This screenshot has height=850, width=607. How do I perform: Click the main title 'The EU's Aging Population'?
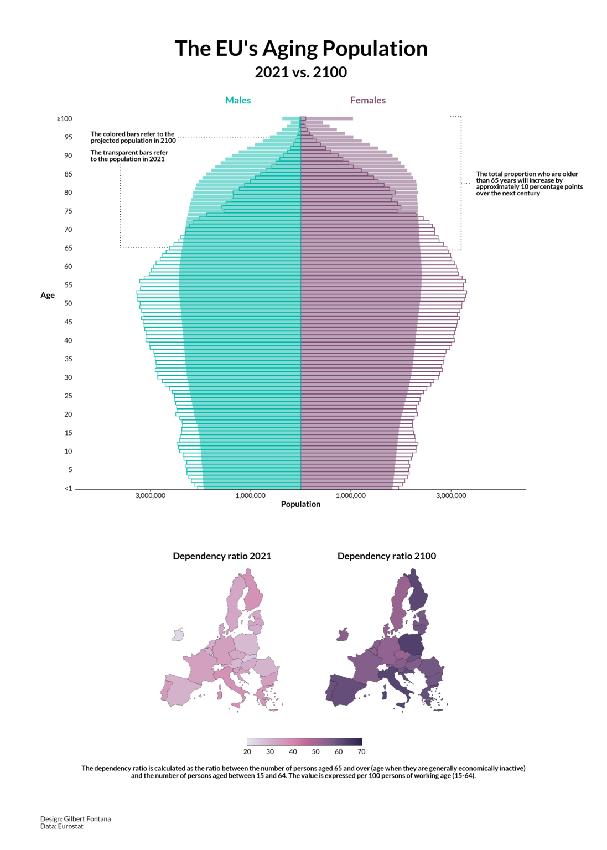301,49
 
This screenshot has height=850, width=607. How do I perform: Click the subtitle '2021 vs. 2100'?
301,72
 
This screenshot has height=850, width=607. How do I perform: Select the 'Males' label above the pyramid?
238,100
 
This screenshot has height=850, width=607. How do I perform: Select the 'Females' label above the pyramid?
368,100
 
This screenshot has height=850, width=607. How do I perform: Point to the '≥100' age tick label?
65,119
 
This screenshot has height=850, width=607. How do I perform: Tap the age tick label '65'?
68,248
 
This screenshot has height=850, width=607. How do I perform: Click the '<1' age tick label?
68,489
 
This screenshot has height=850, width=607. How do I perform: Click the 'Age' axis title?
48,296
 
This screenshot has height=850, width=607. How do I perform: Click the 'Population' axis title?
300,504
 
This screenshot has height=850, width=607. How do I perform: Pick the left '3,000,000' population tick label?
151,496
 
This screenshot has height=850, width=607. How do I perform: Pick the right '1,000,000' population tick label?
351,496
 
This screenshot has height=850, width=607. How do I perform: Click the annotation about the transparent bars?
129,156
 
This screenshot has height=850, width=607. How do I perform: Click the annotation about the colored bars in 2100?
133,137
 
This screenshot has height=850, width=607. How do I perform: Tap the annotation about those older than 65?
529,184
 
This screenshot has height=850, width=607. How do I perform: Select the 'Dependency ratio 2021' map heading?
222,556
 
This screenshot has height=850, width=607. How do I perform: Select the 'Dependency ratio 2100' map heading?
387,556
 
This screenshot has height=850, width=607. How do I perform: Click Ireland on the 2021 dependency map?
178,635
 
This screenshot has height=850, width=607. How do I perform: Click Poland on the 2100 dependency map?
411,644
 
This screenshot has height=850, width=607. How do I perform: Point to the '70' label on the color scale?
361,752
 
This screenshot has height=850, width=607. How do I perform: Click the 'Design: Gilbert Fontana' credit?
75,819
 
